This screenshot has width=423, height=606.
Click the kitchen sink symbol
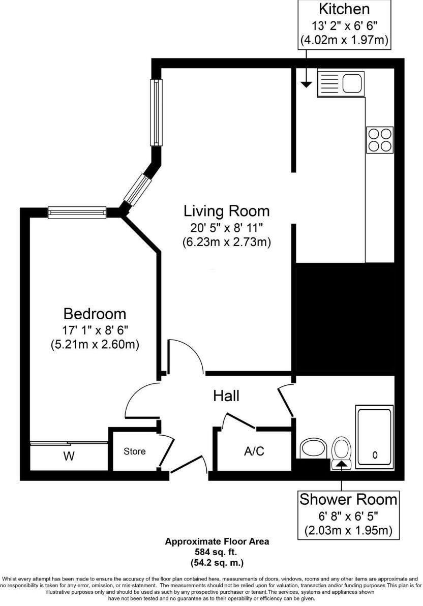coord(340,82)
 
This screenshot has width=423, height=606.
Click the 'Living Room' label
coord(226,210)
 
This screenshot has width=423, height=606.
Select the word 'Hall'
coord(226,396)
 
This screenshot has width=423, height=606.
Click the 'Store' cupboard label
coord(135,451)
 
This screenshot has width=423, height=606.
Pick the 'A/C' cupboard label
coord(254,451)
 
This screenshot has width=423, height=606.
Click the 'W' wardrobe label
coord(69,456)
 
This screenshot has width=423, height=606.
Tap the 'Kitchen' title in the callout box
coord(344,9)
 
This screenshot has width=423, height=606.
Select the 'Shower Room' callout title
coord(348,499)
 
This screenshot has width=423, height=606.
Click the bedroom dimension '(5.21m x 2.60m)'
coord(95,344)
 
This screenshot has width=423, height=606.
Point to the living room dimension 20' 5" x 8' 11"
coord(226,228)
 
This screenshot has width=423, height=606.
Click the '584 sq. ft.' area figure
coord(217,552)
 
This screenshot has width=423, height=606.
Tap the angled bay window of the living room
coord(138,189)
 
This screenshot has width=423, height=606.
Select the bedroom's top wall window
coord(77,213)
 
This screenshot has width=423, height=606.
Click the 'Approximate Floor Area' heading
coord(217,541)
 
